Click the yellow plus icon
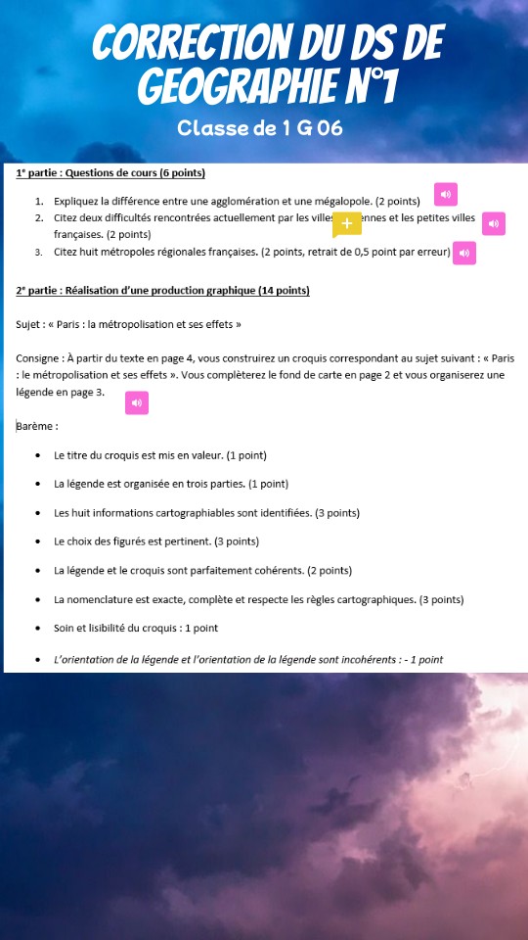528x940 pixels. click(x=346, y=224)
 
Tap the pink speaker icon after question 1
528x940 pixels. click(x=445, y=195)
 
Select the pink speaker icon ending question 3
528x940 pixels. click(x=464, y=254)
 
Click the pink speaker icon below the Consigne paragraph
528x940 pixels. click(x=137, y=402)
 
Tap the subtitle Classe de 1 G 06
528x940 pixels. click(x=260, y=127)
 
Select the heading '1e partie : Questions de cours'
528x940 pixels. click(x=110, y=173)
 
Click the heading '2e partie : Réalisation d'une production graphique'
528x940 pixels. click(x=162, y=290)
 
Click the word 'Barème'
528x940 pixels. click(x=36, y=426)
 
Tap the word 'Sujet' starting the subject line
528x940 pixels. click(x=28, y=323)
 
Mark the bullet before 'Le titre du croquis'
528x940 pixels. click(x=37, y=455)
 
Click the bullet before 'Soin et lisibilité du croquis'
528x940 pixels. click(x=37, y=629)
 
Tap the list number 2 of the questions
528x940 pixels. click(x=39, y=217)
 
